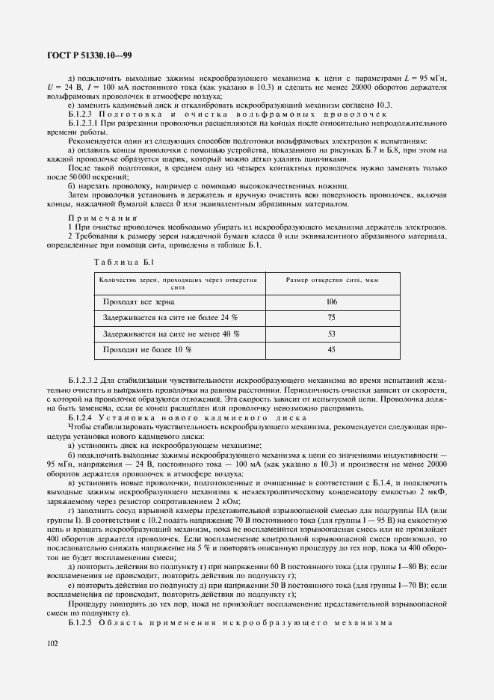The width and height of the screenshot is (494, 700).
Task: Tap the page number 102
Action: pos(53,642)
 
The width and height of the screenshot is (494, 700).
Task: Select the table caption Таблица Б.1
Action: pos(123,261)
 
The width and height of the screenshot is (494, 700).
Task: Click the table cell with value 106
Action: pos(332,301)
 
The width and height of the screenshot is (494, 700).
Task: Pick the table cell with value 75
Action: pos(332,318)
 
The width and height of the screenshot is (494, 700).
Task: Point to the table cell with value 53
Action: pos(332,334)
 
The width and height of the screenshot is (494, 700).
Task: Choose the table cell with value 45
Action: pos(332,349)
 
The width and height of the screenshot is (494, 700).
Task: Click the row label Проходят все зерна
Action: pos(139,301)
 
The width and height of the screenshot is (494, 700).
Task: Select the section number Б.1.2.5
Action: pos(81,624)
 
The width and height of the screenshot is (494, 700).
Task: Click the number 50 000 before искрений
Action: pos(81,176)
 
